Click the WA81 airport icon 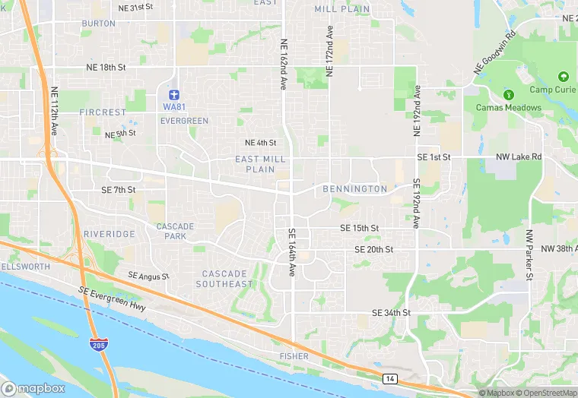click(x=174, y=94)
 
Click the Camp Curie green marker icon click(x=563, y=77)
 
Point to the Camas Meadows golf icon click(x=509, y=95)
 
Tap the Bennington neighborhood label click(x=354, y=188)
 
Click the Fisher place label click(x=294, y=355)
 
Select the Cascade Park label click(x=175, y=231)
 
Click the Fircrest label click(x=102, y=112)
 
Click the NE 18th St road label click(x=106, y=68)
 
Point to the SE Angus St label click(x=148, y=276)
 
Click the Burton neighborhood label click(x=99, y=24)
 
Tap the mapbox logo click(x=33, y=387)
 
